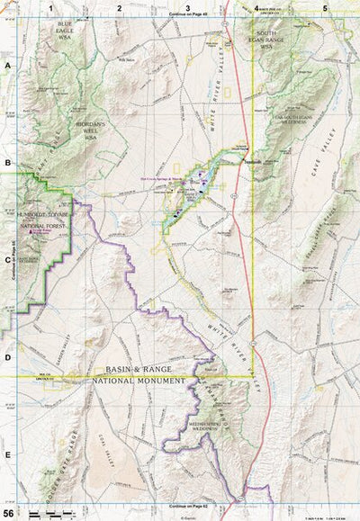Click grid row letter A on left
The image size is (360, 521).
tap(7, 67)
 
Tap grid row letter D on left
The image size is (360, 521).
tap(7, 357)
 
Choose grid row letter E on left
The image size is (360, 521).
tap(7, 454)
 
